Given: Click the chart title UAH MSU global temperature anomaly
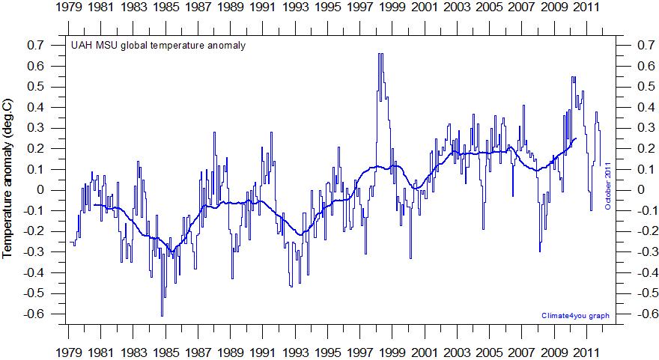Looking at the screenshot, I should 158,45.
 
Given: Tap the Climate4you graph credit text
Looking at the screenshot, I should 574,316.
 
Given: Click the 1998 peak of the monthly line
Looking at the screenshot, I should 380,55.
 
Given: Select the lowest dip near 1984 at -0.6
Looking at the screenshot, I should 162,315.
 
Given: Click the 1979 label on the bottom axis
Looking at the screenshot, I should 69,352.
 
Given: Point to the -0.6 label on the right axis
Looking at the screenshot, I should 637,314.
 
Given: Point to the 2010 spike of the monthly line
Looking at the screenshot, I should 573,77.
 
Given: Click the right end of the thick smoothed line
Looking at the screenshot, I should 576,138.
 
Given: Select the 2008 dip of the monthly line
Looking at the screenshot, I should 539,251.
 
